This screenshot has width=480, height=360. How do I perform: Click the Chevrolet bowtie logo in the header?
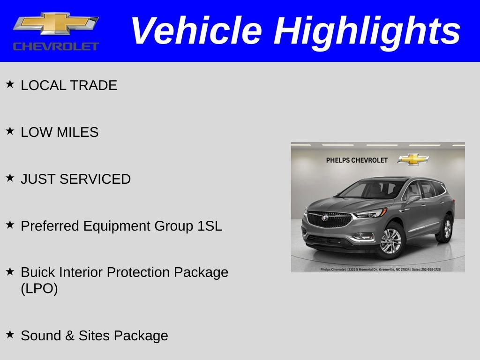pyautogui.click(x=56, y=23)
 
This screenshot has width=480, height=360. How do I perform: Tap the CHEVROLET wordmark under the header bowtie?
pyautogui.click(x=56, y=46)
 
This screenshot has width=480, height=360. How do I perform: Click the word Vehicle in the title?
pyautogui.click(x=195, y=31)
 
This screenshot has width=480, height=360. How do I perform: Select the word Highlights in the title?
pyautogui.click(x=367, y=31)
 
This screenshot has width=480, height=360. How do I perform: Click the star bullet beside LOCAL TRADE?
pyautogui.click(x=10, y=84)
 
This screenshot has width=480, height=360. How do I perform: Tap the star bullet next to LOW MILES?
pyautogui.click(x=10, y=131)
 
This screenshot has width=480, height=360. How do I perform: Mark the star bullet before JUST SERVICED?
pyautogui.click(x=10, y=178)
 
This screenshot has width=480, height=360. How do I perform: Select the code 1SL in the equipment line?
pyautogui.click(x=210, y=226)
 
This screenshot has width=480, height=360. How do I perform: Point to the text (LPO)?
pyautogui.click(x=39, y=289)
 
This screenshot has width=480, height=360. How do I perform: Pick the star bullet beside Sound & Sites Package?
pyautogui.click(x=10, y=334)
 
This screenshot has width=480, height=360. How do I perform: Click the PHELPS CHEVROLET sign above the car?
pyautogui.click(x=357, y=160)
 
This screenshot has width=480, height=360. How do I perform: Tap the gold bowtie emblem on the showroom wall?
pyautogui.click(x=413, y=159)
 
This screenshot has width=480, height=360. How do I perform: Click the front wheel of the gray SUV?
pyautogui.click(x=390, y=241)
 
